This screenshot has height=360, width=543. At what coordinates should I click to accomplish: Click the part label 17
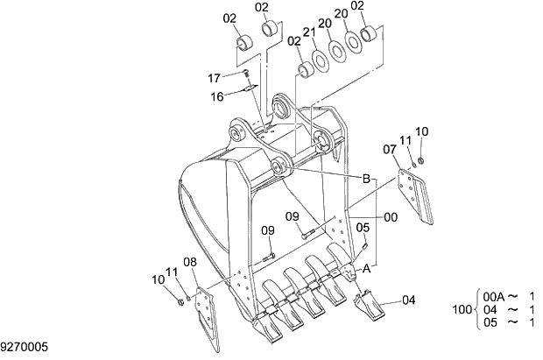pyautogui.click(x=215, y=79)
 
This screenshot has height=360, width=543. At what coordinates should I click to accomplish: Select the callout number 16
pyautogui.click(x=217, y=96)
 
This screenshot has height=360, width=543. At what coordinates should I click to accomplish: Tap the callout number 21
pyautogui.click(x=309, y=32)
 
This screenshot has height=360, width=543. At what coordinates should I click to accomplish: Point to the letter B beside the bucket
pyautogui.click(x=368, y=179)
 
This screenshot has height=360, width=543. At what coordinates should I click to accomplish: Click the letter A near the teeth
pyautogui.click(x=368, y=270)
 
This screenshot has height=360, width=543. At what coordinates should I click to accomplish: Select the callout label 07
pyautogui.click(x=390, y=150)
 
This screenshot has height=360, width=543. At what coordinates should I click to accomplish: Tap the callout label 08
pyautogui.click(x=190, y=261)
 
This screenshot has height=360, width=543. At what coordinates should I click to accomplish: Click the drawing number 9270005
pyautogui.click(x=24, y=348)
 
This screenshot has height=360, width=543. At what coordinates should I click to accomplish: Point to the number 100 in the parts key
pyautogui.click(x=462, y=309)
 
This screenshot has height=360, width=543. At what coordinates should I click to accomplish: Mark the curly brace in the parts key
pyautogui.click(x=477, y=309)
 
